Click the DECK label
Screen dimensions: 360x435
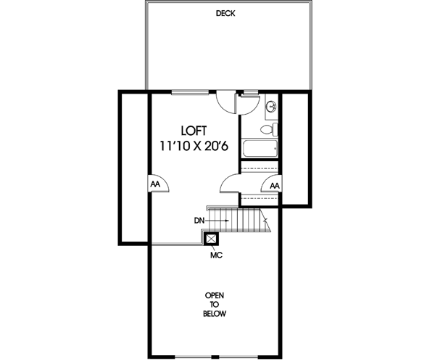[225, 14]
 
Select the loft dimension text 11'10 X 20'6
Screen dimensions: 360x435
[194, 146]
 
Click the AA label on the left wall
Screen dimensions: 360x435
[155, 184]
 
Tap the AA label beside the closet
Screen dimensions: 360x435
[274, 186]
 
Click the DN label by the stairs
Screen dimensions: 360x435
[200, 219]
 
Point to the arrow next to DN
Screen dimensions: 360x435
[220, 219]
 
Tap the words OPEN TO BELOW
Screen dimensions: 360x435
[215, 305]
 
